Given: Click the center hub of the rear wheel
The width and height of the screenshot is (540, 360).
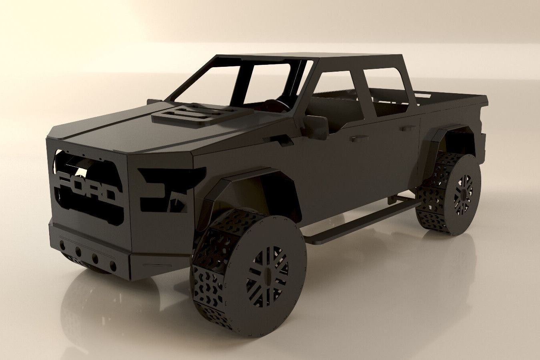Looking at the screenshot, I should pos(463,195).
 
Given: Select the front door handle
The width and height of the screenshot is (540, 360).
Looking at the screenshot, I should pos(357,138).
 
